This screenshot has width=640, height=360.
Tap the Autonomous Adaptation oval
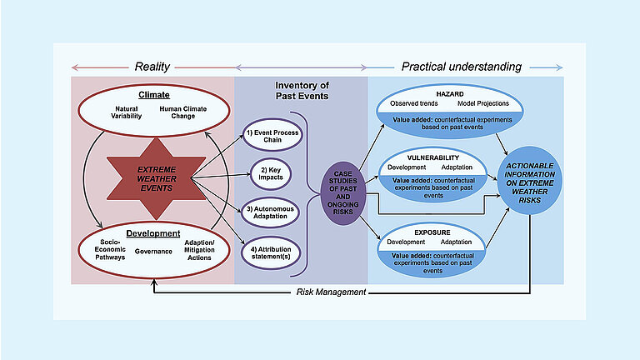coord(272,212)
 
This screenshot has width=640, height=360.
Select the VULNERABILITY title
coord(433,157)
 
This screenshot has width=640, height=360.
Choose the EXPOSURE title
coord(433,225)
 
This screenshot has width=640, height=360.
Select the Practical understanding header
coord(462,67)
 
